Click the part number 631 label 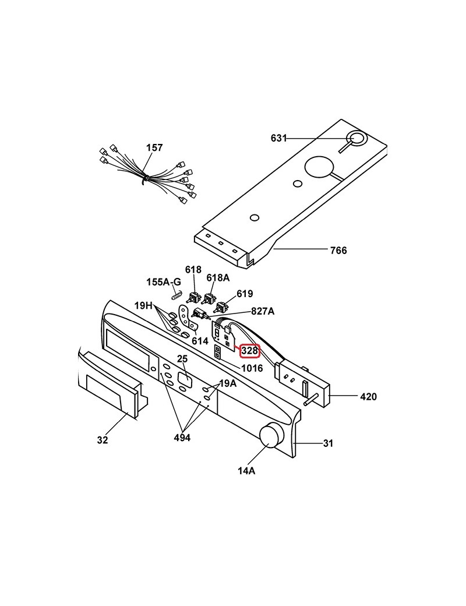(278, 138)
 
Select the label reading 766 (338, 251)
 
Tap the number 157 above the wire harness (154, 147)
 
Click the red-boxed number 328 (250, 351)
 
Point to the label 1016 (252, 368)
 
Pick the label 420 (368, 397)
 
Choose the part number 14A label (246, 471)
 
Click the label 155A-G (164, 282)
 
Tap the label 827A (263, 311)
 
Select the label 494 (182, 438)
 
